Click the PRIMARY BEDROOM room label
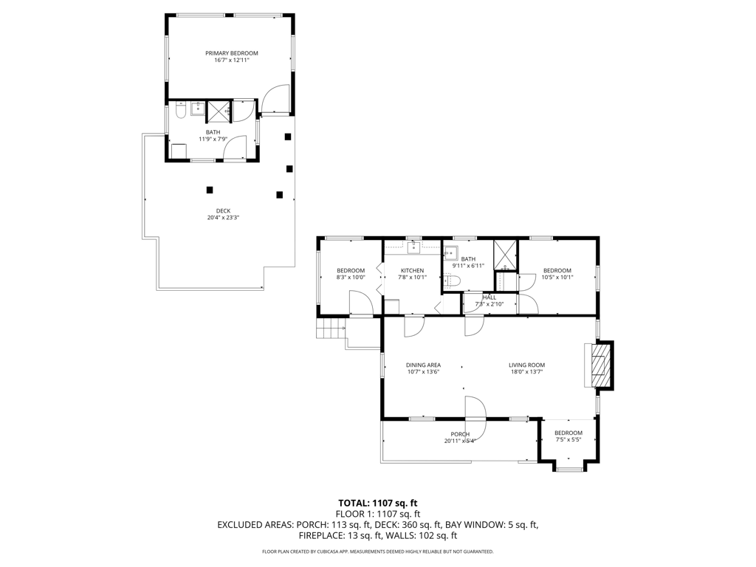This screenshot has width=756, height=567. coord(231,53)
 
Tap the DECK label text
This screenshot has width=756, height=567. coord(223,210)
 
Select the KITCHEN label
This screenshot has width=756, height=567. coord(412,270)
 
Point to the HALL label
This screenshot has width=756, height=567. coord(489,298)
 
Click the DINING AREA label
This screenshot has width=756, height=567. coord(423,365)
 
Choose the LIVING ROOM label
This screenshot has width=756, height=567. coord(526,365)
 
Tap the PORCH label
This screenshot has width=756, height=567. coord(460,434)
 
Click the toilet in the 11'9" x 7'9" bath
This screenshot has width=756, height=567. coord(180,111)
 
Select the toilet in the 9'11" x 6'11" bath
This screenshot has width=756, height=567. coord(453,281)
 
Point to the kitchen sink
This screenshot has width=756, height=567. coord(413,248)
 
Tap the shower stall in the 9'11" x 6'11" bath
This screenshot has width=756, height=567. coord(505,255)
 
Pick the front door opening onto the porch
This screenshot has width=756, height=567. coord(475,417)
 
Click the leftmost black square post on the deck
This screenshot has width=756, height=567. coord(209,190)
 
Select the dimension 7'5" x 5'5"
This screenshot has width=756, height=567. coord(568,440)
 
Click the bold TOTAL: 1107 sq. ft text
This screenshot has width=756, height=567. coord(377,504)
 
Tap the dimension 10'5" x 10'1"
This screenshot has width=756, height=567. coord(557,278)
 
